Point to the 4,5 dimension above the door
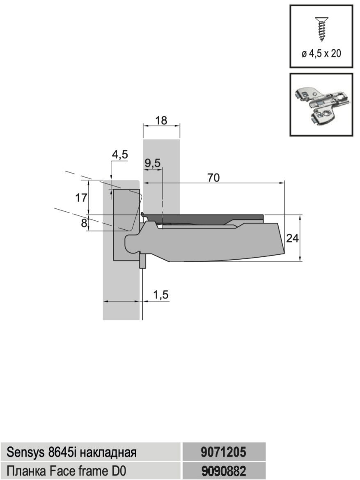pyautogui.click(x=120, y=155)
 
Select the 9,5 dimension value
pyautogui.click(x=153, y=163)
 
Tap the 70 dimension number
pyautogui.click(x=213, y=178)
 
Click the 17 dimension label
pyautogui.click(x=81, y=198)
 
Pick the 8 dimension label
pyautogui.click(x=84, y=223)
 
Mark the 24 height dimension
pyautogui.click(x=292, y=238)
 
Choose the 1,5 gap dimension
pyautogui.click(x=161, y=295)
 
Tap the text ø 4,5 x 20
pyautogui.click(x=321, y=54)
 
